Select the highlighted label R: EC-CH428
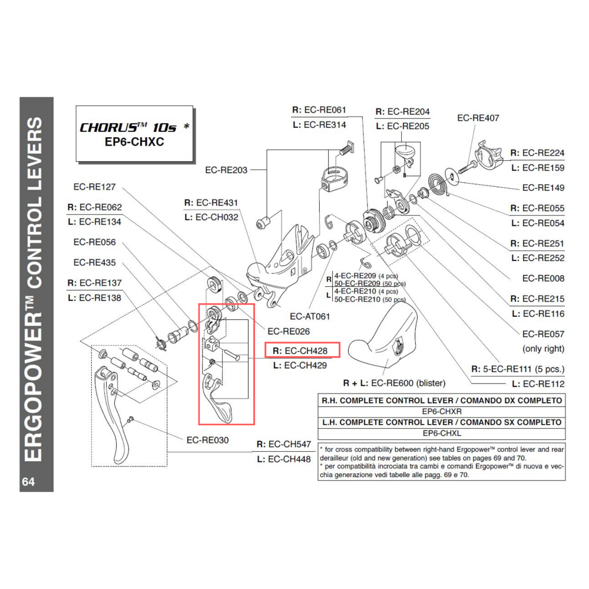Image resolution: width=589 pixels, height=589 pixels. click(303, 351)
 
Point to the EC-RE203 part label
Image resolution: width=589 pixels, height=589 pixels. click(226, 170)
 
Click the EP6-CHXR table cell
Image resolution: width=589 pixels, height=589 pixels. click(441, 412)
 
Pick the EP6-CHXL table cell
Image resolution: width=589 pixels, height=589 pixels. click(441, 434)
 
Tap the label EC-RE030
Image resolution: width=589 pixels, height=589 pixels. click(207, 439)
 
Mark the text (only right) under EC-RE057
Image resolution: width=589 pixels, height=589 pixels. click(542, 348)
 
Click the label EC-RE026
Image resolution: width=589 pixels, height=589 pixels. click(289, 331)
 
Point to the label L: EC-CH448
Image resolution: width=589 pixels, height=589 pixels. click(283, 459)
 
